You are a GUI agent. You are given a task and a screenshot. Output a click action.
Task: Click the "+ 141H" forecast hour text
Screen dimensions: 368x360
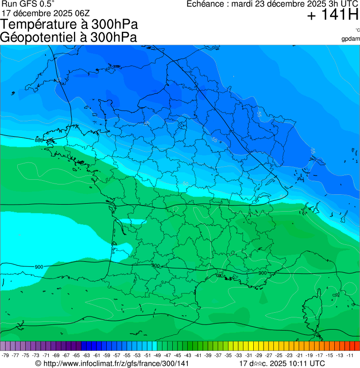[332, 15]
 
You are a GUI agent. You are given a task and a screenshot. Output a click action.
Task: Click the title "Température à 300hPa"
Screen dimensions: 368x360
[69, 25]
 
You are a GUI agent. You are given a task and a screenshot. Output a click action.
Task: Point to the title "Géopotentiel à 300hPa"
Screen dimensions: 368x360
[68, 37]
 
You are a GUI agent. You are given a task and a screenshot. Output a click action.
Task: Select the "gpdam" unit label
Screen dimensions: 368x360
[350, 38]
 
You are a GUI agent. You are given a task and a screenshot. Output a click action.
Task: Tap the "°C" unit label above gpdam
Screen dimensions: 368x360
[357, 30]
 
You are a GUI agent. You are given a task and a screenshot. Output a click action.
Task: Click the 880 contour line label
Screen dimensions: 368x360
[39, 140]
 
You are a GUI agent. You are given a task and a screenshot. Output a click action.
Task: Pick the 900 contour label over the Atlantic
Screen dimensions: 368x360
[39, 266]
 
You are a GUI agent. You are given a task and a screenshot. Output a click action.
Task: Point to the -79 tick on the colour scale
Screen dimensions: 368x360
[6, 356]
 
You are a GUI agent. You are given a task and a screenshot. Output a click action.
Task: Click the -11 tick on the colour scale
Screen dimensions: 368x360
[350, 356]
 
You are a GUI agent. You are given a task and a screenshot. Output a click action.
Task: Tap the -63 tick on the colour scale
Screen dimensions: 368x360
[86, 356]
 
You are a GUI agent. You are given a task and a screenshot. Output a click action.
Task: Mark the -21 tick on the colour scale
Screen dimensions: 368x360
[300, 356]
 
